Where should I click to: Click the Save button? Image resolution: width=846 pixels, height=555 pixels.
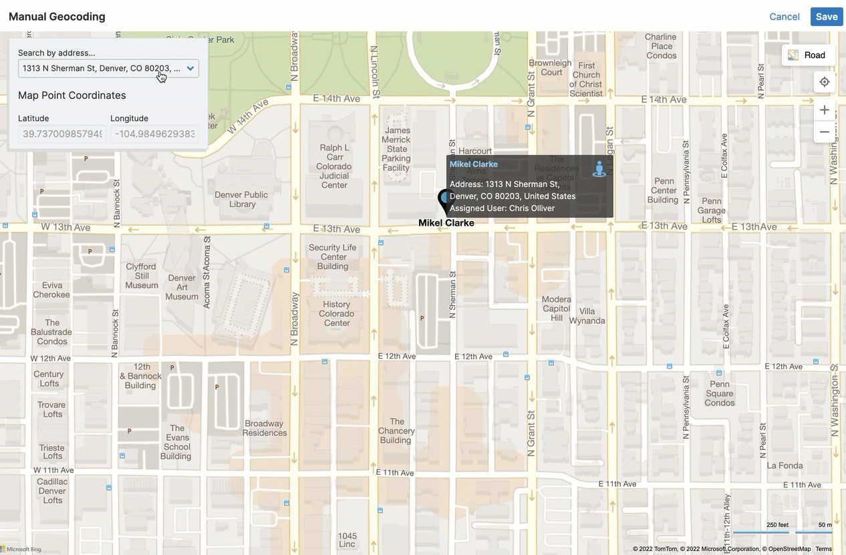[826, 17]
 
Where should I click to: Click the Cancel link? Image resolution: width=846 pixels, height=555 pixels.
[784, 17]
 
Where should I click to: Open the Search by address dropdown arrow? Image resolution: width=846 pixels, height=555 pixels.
[190, 68]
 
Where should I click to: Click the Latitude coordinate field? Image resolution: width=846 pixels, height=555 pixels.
[62, 134]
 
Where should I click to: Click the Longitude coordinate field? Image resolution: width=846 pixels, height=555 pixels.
[154, 134]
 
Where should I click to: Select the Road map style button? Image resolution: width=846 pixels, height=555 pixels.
[807, 55]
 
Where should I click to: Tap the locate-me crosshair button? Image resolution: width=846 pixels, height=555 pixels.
[825, 81]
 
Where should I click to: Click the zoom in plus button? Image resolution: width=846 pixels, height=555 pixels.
[825, 110]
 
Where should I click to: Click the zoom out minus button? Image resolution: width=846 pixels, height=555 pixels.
[825, 132]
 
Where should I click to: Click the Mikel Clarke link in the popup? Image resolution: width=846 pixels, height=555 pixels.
[473, 164]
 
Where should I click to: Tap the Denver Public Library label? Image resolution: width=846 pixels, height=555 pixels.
[241, 200]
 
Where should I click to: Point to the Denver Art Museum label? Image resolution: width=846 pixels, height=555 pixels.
[182, 287]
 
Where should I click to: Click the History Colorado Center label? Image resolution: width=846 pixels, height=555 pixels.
[337, 313]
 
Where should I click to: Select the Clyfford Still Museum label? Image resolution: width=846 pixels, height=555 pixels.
[142, 276]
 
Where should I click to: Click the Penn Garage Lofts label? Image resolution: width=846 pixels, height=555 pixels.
[711, 210]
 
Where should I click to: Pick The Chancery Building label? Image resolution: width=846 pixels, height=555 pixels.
[396, 431]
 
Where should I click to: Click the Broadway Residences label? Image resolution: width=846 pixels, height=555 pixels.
[265, 428]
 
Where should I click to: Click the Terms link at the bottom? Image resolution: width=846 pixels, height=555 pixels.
[823, 549]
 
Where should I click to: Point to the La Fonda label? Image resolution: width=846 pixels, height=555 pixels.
[785, 466]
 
